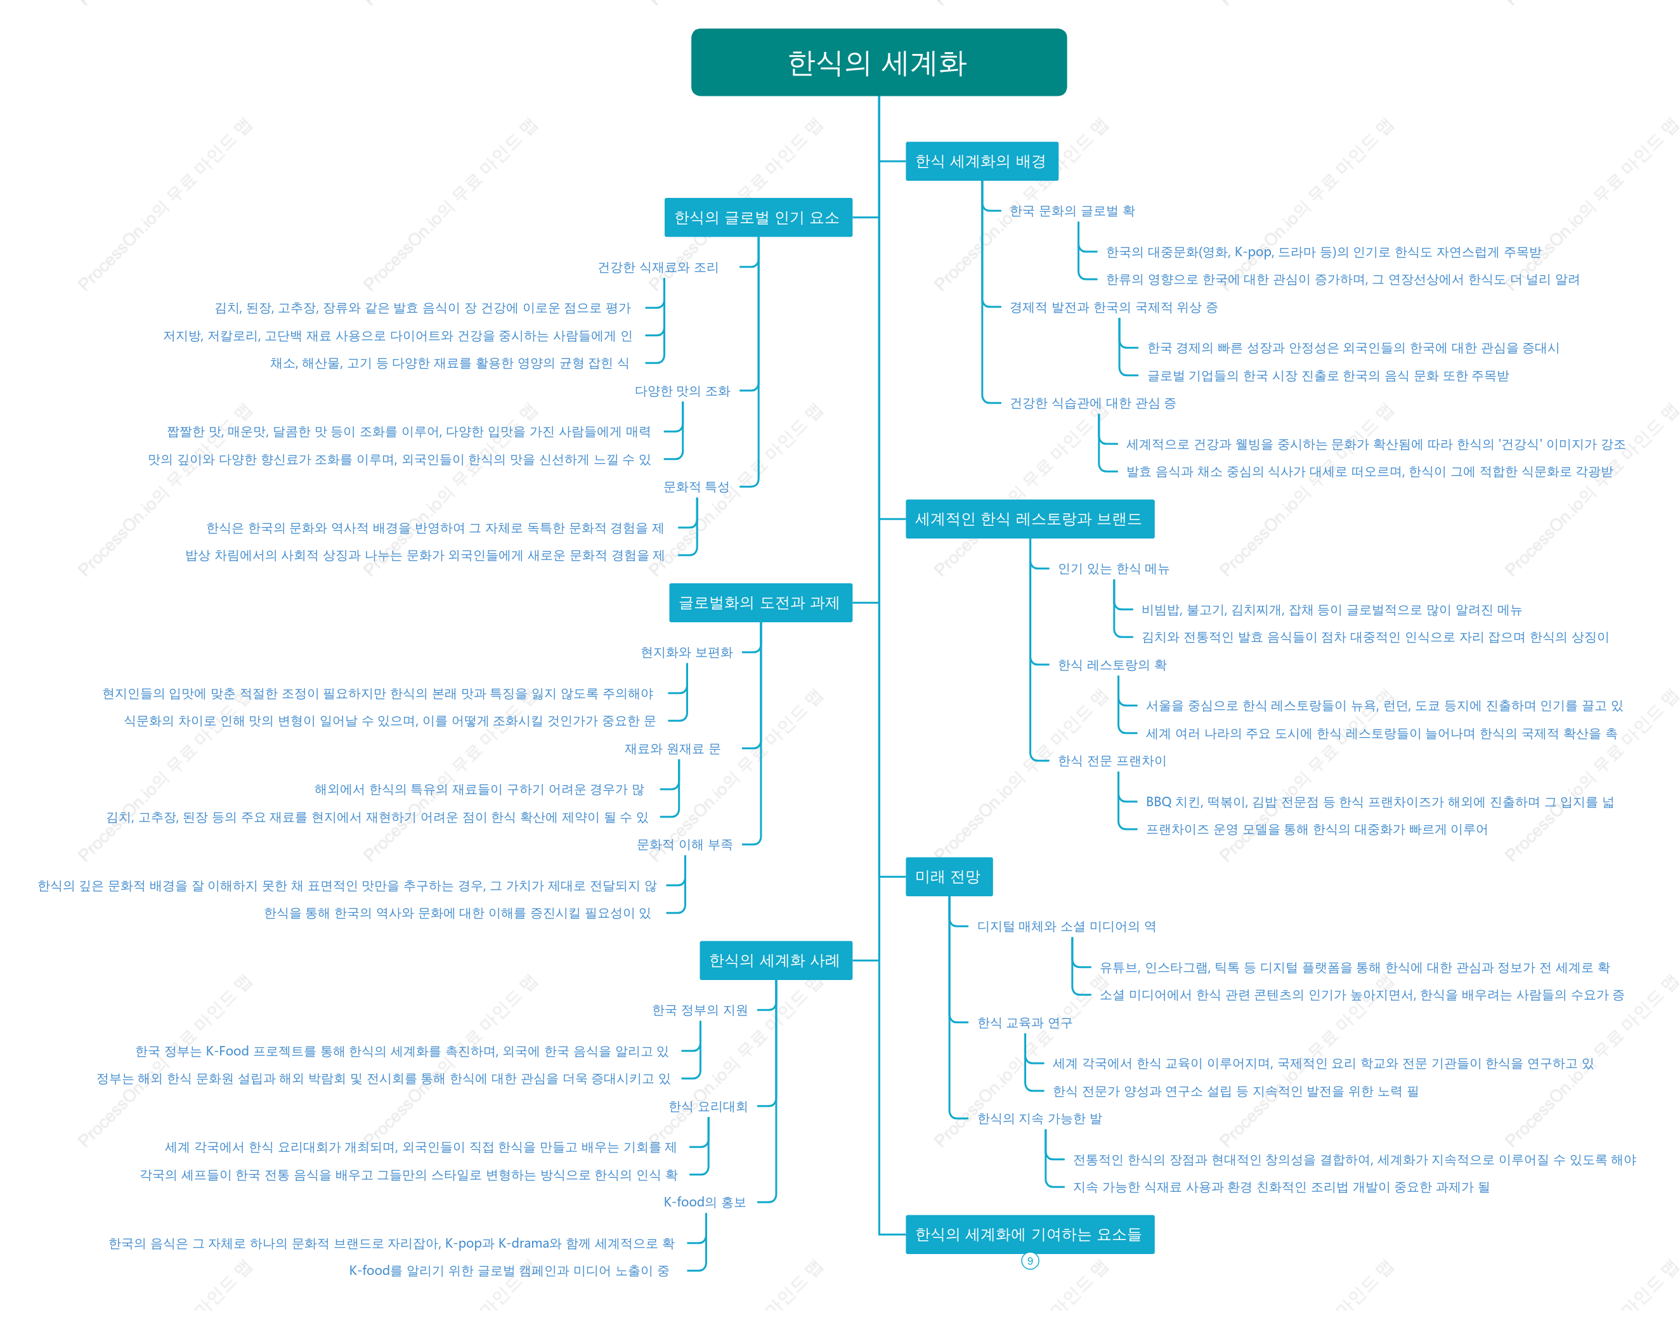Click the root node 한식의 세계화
(878, 63)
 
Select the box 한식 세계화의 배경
(981, 160)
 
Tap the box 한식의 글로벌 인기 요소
(757, 217)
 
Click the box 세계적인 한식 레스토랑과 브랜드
(1029, 519)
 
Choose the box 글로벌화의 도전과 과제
(760, 602)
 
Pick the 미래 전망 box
(949, 877)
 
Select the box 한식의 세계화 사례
(776, 960)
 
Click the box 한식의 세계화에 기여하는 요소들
(1029, 1234)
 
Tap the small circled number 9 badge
(1030, 1261)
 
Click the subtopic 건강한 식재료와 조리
(658, 268)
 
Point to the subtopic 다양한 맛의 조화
(682, 391)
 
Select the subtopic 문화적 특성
(696, 487)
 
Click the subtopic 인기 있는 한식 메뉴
(1114, 569)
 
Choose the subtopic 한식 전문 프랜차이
(1112, 761)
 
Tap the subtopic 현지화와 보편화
(687, 652)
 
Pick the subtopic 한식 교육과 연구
(1025, 1023)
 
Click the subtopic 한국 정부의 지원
(700, 1010)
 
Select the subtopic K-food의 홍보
(705, 1203)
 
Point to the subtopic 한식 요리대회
(708, 1107)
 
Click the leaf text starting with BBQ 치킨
(1379, 802)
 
